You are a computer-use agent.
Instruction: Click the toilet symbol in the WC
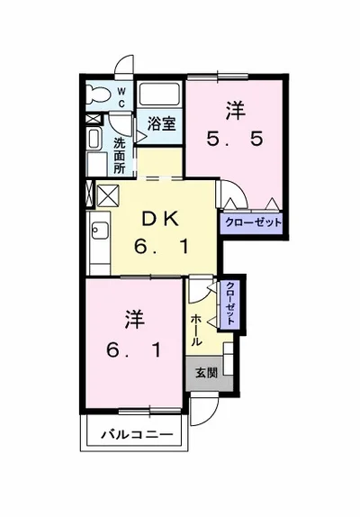click(x=98, y=94)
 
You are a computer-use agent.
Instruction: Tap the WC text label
click(x=121, y=97)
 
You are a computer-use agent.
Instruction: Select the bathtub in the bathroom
click(x=159, y=94)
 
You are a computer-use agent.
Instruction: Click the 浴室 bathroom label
click(x=161, y=124)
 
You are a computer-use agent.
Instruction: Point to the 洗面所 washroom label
click(x=119, y=155)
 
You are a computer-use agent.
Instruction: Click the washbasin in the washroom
click(x=94, y=139)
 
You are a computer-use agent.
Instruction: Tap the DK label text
click(x=160, y=220)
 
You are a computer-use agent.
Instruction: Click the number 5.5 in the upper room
click(x=235, y=139)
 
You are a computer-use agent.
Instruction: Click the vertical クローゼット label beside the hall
click(x=230, y=304)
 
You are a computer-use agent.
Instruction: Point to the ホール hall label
click(x=196, y=330)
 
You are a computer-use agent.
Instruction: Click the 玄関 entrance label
click(x=206, y=373)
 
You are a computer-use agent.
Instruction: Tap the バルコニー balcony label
click(x=137, y=434)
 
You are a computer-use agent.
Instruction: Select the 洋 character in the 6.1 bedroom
click(x=135, y=320)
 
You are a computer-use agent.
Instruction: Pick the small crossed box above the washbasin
click(x=92, y=119)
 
